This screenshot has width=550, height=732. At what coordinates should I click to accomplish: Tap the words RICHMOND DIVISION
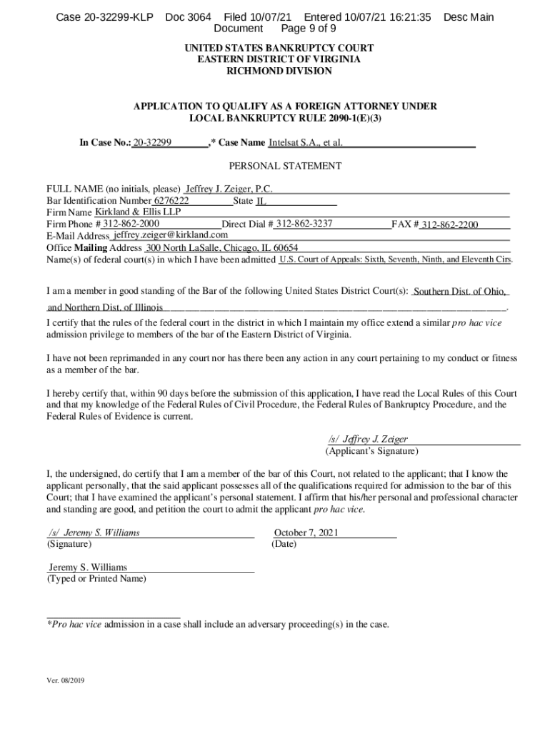click(279, 71)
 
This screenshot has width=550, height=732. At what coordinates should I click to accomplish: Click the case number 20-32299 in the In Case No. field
click(152, 143)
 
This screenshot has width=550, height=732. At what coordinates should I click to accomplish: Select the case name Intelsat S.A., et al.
click(306, 143)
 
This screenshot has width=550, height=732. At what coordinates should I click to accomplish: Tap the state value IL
click(261, 202)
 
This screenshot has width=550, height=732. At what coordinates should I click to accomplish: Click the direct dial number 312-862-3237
click(304, 224)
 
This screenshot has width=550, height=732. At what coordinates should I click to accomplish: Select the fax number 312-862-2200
click(449, 224)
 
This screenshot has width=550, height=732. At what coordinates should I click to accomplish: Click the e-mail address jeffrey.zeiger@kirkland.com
click(171, 235)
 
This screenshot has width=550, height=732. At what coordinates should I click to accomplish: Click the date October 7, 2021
click(306, 533)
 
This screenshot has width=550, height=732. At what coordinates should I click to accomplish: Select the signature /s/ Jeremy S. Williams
click(94, 533)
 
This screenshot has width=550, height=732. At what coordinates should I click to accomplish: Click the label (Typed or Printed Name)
click(96, 578)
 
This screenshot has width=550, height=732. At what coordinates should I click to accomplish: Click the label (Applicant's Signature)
click(372, 451)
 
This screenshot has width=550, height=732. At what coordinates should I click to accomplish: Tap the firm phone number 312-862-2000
click(131, 224)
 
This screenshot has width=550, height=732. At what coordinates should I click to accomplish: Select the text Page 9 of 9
click(309, 29)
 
